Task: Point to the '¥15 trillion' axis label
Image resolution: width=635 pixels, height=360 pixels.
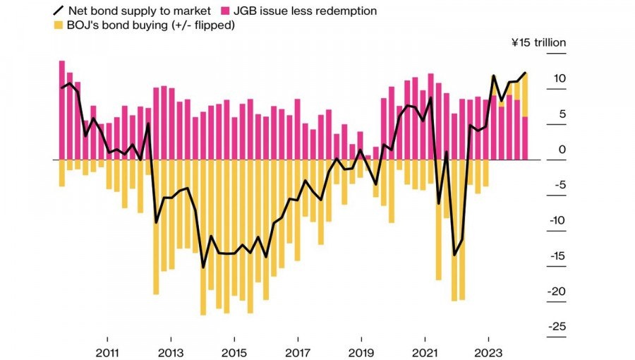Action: [538, 42]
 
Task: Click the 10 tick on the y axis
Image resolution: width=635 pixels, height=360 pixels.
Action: [559, 78]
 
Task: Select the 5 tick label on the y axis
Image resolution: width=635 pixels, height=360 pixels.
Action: [562, 114]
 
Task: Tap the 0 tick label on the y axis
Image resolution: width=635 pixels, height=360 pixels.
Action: [562, 150]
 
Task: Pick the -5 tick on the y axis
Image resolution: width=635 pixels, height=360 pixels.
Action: [559, 185]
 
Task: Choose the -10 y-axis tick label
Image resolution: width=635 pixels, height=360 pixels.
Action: [557, 220]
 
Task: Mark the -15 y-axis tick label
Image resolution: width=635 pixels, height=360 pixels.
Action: [557, 256]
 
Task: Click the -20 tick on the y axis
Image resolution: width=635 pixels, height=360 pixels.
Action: [557, 292]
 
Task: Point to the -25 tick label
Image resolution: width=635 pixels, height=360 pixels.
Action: [557, 327]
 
